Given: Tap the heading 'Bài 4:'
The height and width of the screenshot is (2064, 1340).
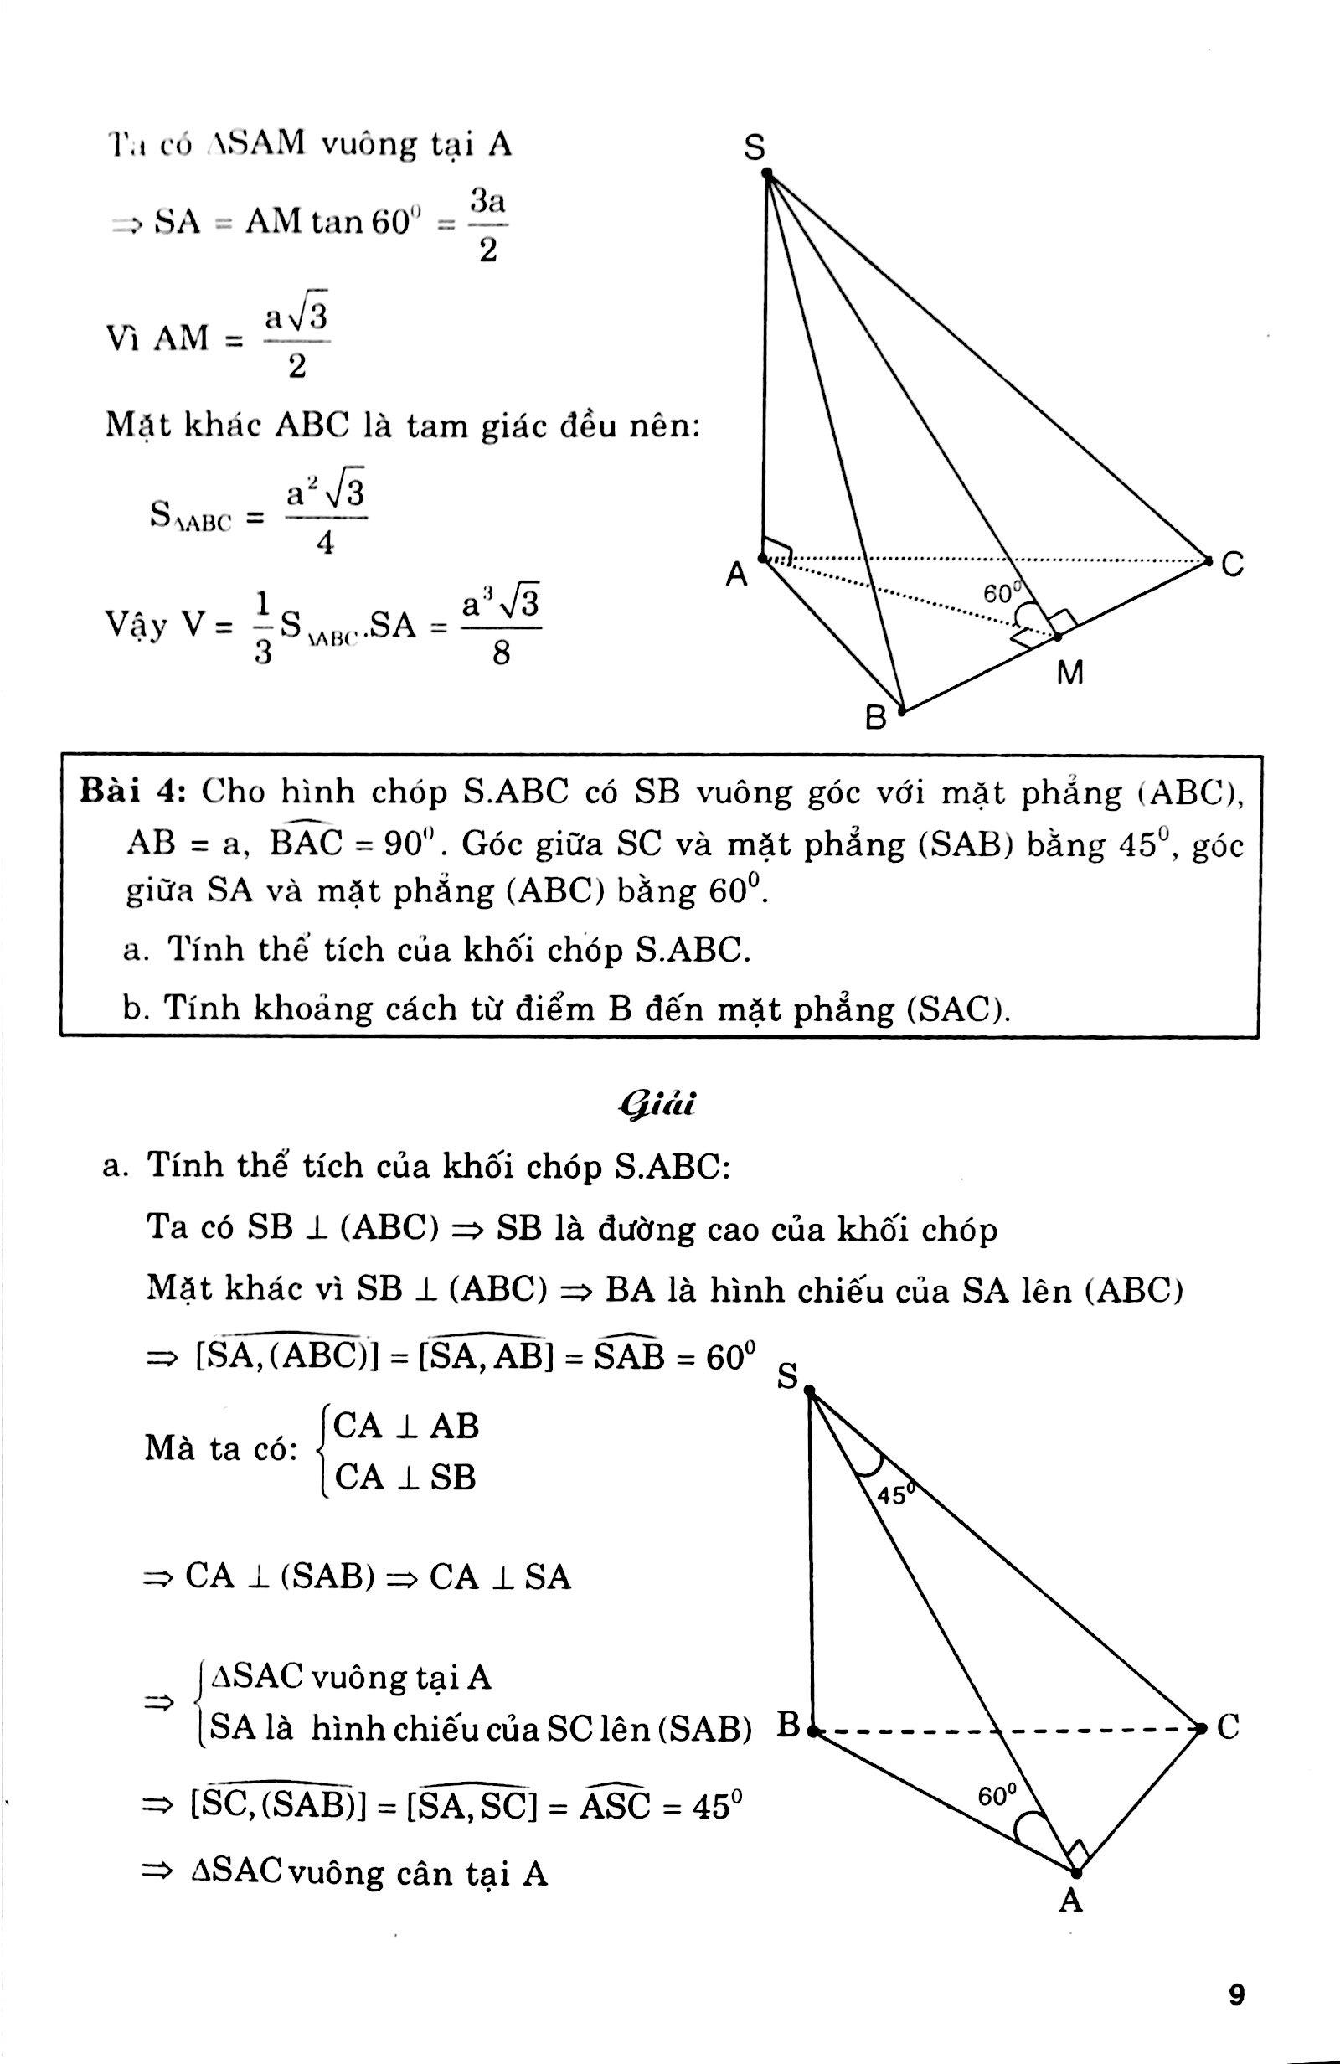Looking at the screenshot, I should pos(132,792).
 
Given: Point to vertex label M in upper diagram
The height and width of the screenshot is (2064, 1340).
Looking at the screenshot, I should pos(1071,673).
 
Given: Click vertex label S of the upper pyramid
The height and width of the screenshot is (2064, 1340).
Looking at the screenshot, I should pos(755,149).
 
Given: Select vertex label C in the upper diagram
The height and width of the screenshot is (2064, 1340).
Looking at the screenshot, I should pos(1233,565).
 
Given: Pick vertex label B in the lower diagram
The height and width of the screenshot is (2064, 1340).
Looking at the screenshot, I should pos(787,1724).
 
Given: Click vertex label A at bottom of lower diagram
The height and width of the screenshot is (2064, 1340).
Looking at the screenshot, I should pos(1072,1900).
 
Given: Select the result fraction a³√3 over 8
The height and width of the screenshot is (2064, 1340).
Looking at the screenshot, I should pos(502,625).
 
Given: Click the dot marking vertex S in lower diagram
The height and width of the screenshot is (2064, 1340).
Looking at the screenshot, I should pos(811,1391).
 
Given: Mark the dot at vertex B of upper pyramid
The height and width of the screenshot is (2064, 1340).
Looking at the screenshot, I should pos(902,711).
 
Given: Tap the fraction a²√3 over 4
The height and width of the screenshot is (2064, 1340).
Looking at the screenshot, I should pos(325,519).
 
